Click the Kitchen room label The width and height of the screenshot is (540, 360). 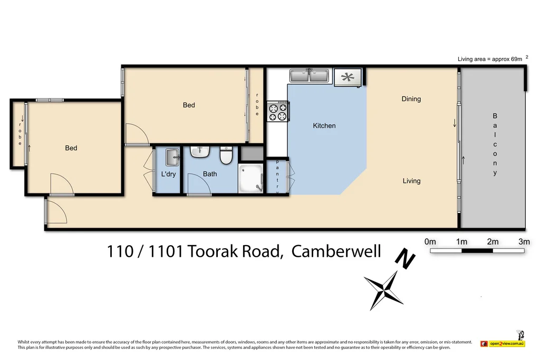tap(324, 125)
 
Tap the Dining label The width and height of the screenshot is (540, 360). tap(411, 99)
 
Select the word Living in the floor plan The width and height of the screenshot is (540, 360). tap(411, 181)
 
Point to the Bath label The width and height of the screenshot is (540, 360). tap(210, 174)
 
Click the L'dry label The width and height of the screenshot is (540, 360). tap(168, 174)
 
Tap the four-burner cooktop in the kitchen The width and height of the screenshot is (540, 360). tap(278, 111)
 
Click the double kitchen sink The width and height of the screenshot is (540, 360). tap(309, 76)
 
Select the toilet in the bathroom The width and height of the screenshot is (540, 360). tap(226, 156)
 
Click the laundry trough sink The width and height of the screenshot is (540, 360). tap(172, 157)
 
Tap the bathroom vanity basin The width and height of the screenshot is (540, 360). tap(200, 152)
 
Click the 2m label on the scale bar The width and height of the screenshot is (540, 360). tap(493, 242)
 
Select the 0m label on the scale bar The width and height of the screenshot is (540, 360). tap(430, 242)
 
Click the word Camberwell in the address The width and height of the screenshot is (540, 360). tap(336, 251)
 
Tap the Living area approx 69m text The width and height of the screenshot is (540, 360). tap(490, 59)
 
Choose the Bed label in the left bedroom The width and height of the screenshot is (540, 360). tap(71, 148)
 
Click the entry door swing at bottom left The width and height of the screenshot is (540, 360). tap(56, 211)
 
